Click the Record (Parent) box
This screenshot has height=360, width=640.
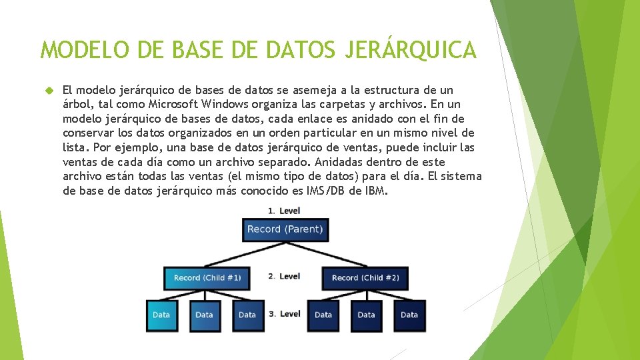285,229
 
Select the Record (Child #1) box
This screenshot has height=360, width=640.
207,278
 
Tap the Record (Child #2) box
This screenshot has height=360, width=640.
365,278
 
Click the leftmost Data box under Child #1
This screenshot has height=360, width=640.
161,315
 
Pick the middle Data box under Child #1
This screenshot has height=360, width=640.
204,315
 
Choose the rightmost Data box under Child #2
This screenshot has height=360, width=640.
409,315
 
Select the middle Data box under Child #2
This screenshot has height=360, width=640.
366,315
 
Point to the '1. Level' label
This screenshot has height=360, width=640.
284,211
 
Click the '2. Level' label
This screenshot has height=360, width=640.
284,276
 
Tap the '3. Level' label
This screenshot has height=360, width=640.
285,313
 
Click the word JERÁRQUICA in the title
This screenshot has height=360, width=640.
411,50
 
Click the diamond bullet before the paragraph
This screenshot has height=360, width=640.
47,89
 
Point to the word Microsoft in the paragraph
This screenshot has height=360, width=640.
175,104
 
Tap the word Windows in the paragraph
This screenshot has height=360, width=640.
227,104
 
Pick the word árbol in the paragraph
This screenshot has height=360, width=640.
77,104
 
